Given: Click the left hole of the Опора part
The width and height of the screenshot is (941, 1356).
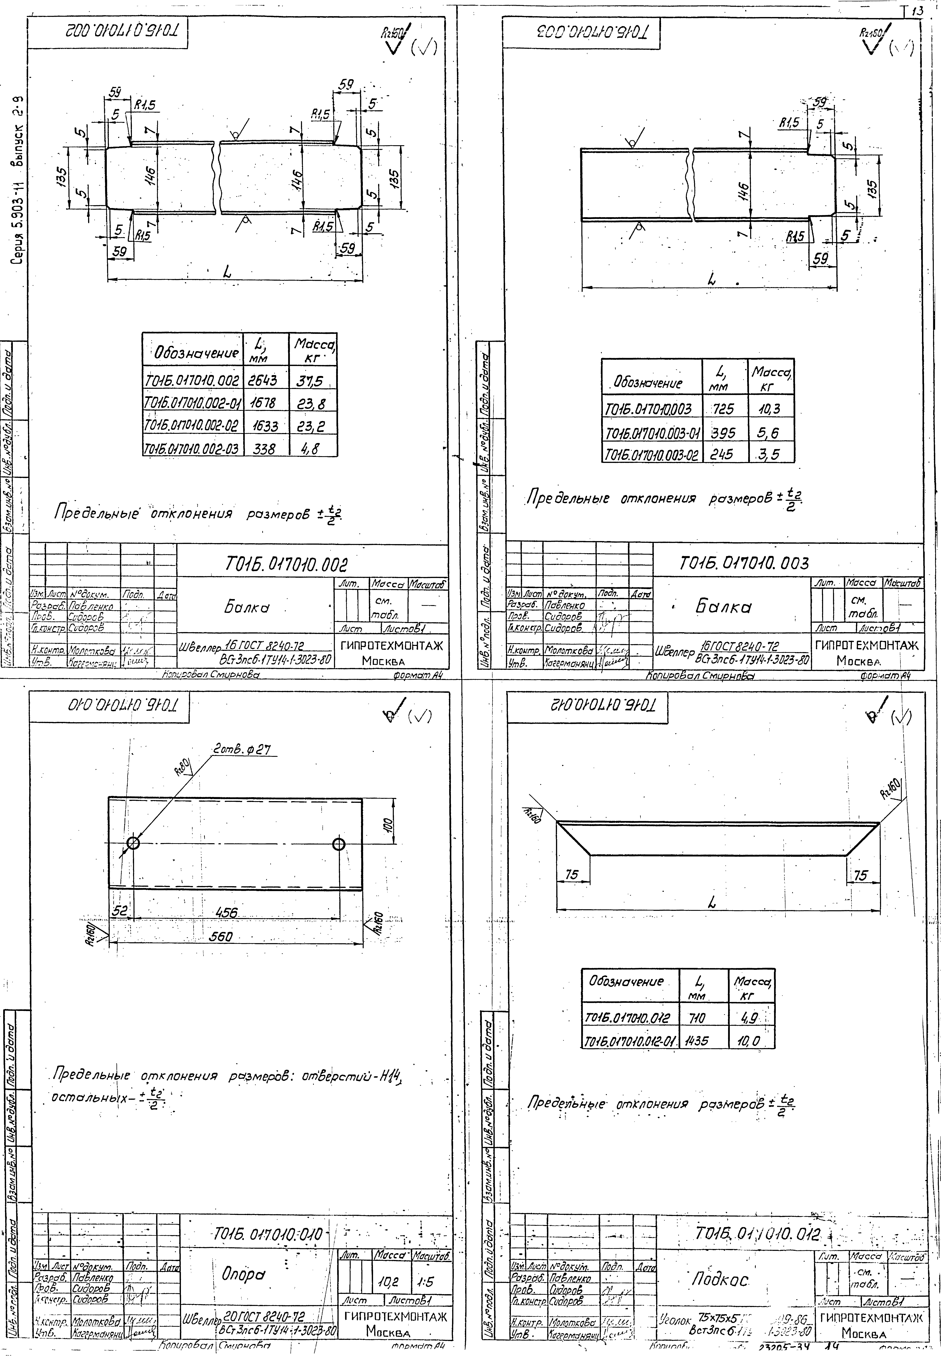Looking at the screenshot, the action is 133,843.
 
